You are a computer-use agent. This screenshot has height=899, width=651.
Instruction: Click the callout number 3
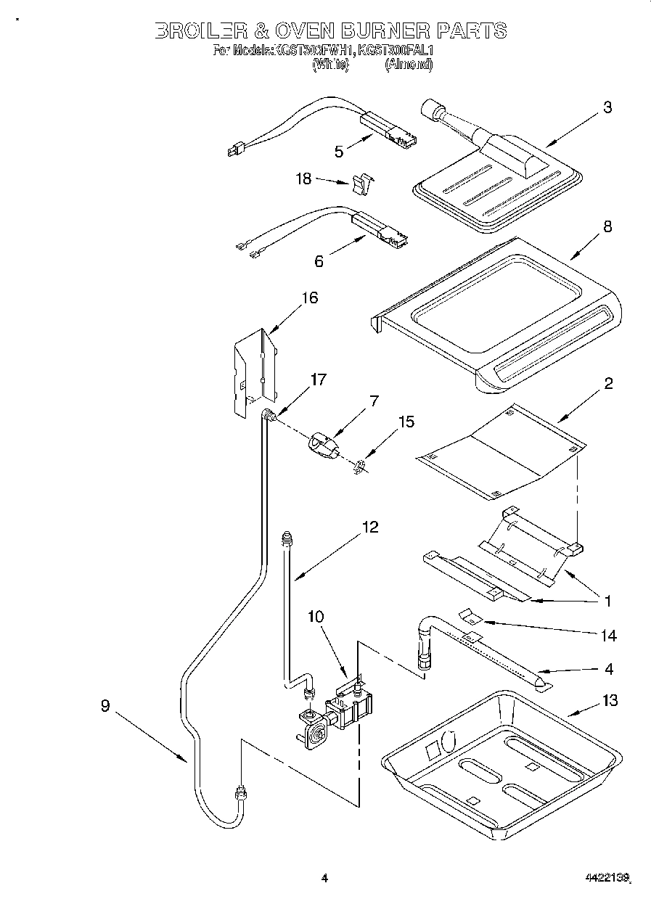607,108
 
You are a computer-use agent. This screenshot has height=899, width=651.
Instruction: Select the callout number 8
607,226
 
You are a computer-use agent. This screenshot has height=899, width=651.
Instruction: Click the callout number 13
609,700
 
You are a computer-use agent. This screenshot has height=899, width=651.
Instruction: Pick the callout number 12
369,528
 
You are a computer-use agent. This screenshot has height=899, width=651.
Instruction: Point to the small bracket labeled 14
472,616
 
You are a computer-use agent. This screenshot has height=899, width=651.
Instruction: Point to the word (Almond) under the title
409,65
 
